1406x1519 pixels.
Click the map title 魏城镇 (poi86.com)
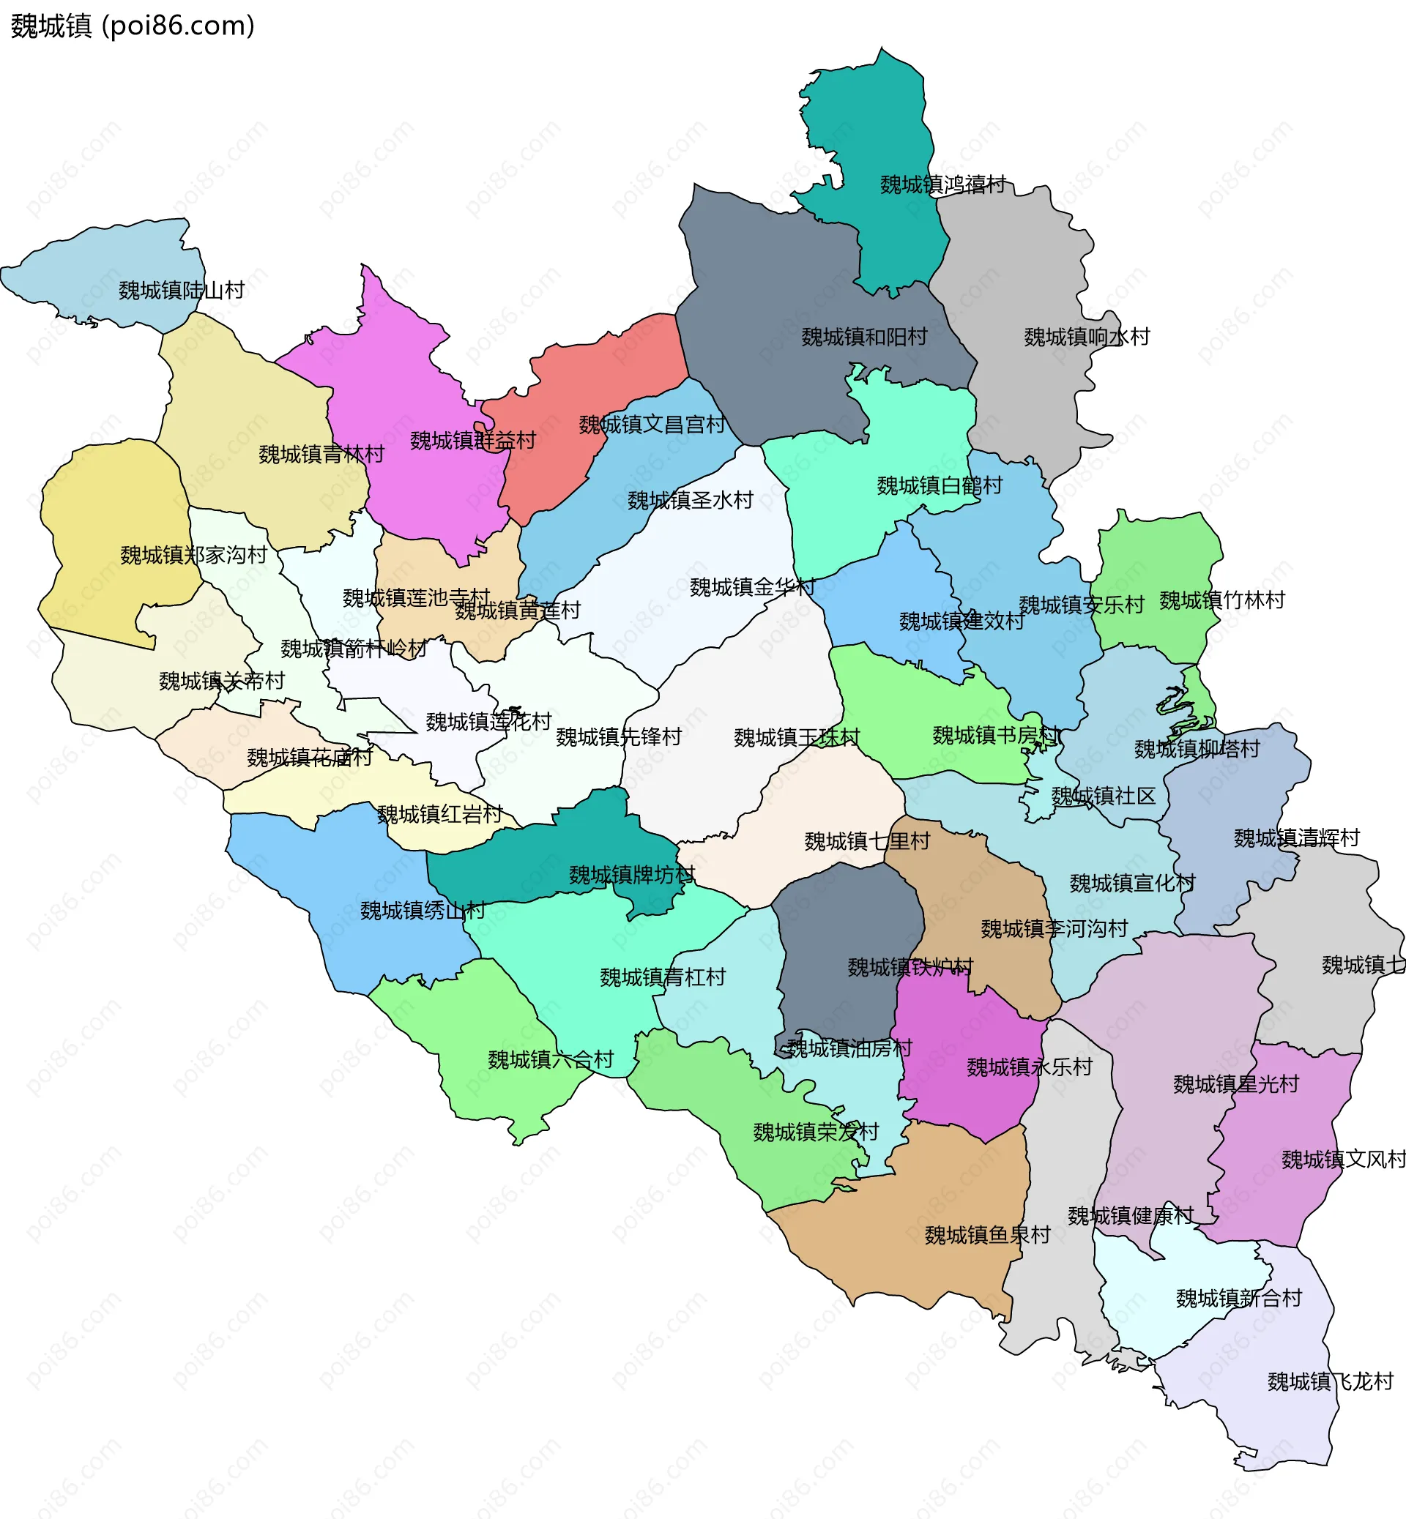pos(133,26)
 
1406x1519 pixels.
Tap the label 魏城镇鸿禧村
pos(942,184)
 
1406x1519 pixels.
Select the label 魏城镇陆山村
pos(181,290)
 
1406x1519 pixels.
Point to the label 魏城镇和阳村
pos(864,336)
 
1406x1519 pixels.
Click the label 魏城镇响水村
pos(1087,336)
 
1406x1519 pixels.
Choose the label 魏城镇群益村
pos(472,440)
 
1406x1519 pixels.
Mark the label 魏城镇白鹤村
pos(940,485)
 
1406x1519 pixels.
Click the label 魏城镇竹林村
pos(1222,600)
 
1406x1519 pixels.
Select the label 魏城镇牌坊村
pos(631,875)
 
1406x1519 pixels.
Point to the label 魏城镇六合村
pos(550,1059)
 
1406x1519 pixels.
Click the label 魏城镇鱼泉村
pos(987,1234)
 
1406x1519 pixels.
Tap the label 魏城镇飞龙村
pos(1330,1381)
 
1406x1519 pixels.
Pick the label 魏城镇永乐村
pos(1029,1067)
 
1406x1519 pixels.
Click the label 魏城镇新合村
pos(1238,1298)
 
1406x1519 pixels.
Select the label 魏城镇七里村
pos(866,840)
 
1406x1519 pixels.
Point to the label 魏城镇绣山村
pos(423,910)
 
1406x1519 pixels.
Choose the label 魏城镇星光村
pos(1235,1084)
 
